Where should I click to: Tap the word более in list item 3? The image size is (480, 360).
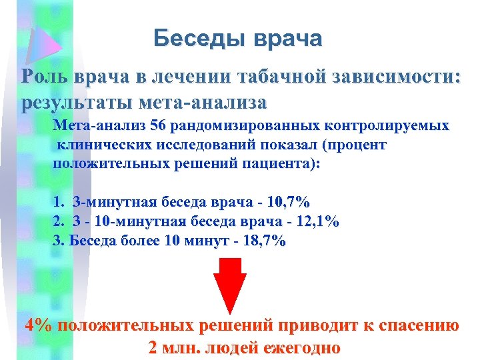pyautogui.click(x=135, y=240)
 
